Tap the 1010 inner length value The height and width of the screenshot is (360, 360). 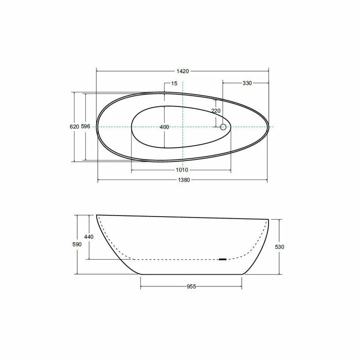182,170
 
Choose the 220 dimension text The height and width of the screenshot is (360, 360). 215,111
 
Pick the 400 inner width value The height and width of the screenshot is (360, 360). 164,127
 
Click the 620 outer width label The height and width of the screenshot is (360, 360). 74,127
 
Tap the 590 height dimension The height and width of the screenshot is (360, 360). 77,245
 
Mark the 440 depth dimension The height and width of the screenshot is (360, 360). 89,237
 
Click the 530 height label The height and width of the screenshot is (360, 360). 280,247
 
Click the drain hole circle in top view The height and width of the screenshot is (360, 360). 224,127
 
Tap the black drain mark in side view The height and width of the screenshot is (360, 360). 222,259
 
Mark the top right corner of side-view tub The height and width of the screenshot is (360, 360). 269,220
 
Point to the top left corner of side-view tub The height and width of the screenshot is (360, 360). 97,215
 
